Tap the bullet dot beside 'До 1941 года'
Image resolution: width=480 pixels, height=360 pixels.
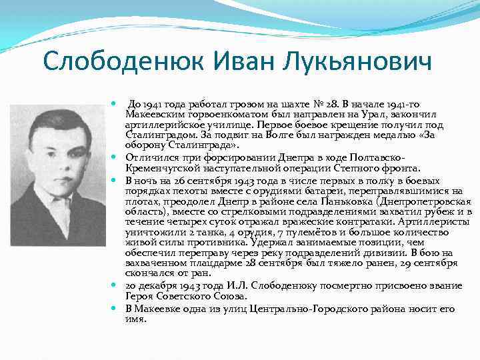pos(115,105)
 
